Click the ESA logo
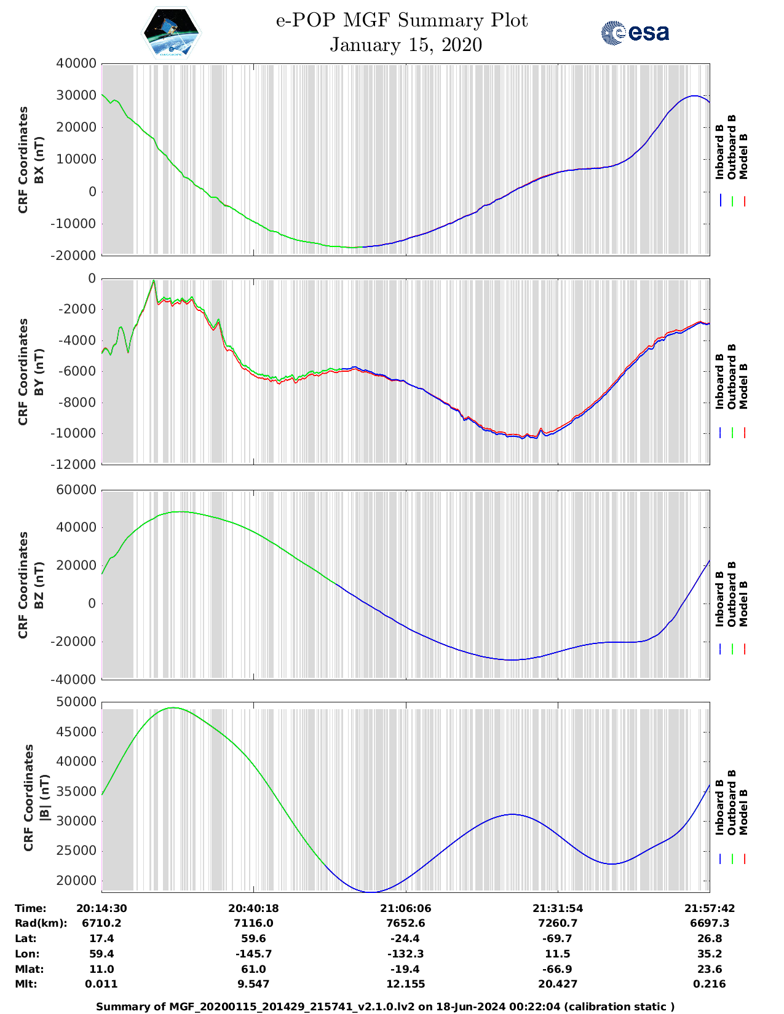[635, 33]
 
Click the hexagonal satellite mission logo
[172, 33]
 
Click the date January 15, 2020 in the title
[405, 45]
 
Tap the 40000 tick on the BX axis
[76, 63]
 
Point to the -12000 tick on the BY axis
[76, 465]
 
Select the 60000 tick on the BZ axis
[76, 490]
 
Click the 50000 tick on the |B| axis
[76, 702]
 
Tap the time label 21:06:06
[405, 908]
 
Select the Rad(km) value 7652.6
[405, 923]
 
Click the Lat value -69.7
[558, 938]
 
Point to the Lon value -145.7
[253, 954]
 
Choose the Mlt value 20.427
[558, 984]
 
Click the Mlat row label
[30, 969]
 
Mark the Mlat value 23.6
[710, 969]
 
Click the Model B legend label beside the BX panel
[743, 156]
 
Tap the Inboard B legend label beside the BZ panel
[719, 599]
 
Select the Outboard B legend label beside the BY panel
[732, 376]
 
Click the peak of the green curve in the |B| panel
[174, 708]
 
